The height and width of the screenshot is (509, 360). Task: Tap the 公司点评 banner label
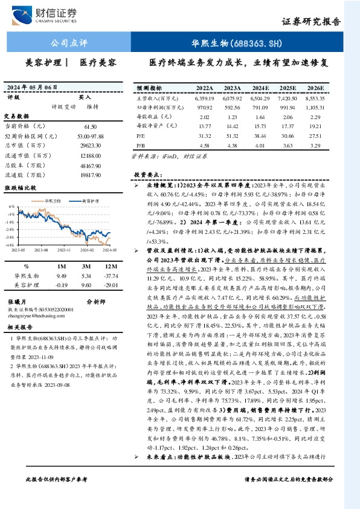tap(68, 44)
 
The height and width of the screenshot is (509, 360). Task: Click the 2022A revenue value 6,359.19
tap(204, 97)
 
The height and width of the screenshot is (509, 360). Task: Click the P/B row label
tap(141, 146)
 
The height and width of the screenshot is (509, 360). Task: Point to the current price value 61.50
tap(91, 126)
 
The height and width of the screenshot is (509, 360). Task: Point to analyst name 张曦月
tap(18, 301)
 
